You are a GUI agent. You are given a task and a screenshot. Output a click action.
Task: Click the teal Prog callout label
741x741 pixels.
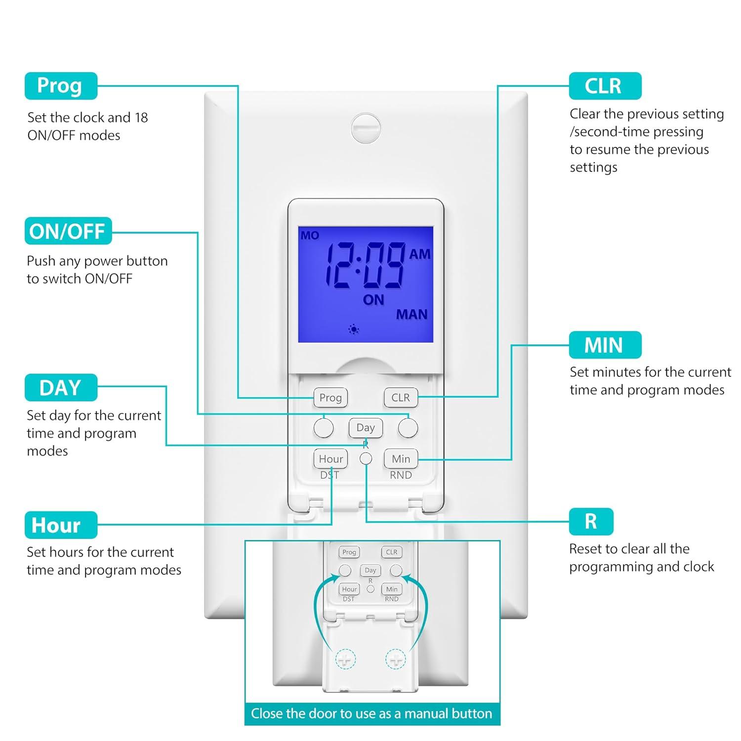61,86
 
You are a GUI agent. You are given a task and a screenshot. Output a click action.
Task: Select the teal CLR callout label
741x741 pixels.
605,86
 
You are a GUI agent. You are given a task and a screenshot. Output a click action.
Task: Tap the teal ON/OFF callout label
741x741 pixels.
68,231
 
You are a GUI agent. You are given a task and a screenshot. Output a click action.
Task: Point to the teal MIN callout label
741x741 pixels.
605,345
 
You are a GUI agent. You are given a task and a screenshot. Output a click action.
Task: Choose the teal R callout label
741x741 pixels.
591,522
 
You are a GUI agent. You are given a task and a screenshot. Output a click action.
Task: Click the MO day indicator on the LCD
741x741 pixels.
310,236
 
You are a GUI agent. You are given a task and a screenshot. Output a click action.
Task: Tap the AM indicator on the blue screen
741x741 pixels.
420,254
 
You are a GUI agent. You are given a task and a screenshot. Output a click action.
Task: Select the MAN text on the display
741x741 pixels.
412,314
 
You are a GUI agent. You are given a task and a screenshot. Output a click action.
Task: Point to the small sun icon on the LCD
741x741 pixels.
354,329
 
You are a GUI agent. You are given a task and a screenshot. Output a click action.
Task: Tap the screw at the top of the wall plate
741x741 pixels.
366,128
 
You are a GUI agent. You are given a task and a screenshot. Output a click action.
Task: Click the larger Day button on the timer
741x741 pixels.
366,428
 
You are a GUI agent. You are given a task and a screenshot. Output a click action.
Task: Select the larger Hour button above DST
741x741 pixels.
330,459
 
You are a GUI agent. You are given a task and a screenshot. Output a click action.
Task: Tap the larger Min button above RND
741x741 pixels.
401,459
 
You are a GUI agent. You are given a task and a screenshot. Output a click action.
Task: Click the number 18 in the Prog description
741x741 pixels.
141,118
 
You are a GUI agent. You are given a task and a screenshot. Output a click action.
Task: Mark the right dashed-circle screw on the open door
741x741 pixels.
395,659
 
